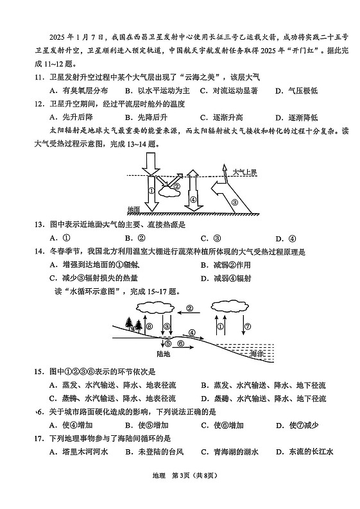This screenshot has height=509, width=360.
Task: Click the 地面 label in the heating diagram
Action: pyautogui.click(x=133, y=210)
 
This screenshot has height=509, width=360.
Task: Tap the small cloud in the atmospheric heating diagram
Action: pyautogui.click(x=171, y=189)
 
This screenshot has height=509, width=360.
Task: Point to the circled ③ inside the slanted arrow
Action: pyautogui.click(x=234, y=201)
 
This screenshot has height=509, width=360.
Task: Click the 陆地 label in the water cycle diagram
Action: pyautogui.click(x=164, y=353)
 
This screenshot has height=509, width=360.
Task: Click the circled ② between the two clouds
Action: pyautogui.click(x=189, y=307)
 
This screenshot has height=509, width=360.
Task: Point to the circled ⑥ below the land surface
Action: pyautogui.click(x=181, y=344)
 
